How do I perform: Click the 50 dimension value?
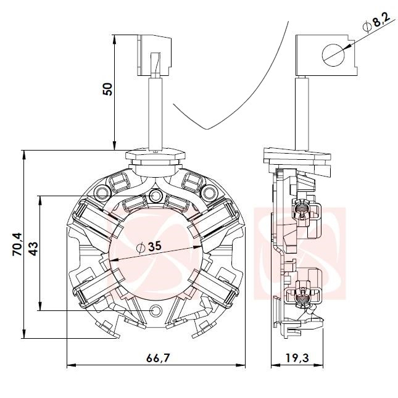pos(107,89)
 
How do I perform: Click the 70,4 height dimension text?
pos(17,244)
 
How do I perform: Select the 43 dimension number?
pos(33,249)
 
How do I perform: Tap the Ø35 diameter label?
pos(149,247)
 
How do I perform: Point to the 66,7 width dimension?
pos(157,358)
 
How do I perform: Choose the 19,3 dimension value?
pos(297,358)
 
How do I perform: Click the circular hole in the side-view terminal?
pos(333,56)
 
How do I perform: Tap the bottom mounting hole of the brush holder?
pos(155,310)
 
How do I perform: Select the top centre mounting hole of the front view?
pos(155,196)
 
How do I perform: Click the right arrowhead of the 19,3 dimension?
pos(318,365)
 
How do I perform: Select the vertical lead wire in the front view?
pos(155,114)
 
